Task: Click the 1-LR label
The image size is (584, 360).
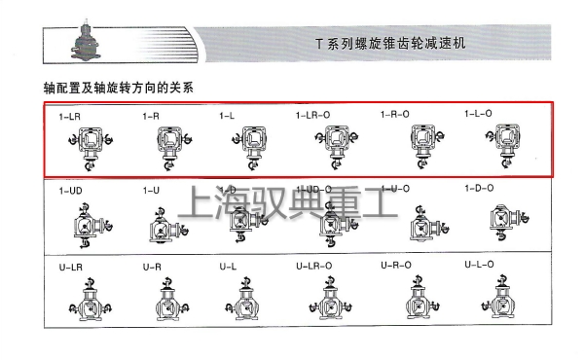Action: click(x=70, y=117)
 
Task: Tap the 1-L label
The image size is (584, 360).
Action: click(x=227, y=117)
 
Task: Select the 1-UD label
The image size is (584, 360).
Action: click(x=71, y=191)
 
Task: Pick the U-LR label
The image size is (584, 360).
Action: click(x=70, y=266)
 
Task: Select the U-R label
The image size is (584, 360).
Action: click(x=152, y=266)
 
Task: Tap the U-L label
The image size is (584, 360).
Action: click(x=228, y=266)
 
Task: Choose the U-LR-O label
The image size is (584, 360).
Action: click(x=314, y=266)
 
